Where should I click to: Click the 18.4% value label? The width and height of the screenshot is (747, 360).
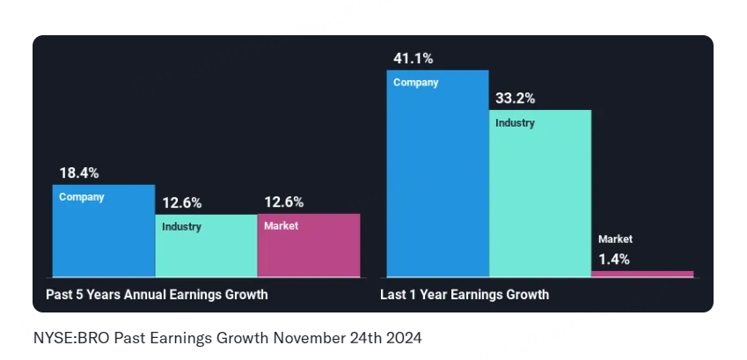(x=79, y=173)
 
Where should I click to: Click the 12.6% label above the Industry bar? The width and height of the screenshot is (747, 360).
(x=181, y=203)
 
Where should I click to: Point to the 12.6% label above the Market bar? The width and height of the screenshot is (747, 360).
(x=284, y=203)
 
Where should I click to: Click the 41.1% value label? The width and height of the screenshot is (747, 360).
(x=414, y=59)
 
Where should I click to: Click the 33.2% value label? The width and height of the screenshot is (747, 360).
(x=516, y=99)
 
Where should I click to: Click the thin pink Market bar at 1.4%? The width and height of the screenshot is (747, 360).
(x=642, y=274)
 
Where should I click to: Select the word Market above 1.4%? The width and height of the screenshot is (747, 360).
(x=615, y=239)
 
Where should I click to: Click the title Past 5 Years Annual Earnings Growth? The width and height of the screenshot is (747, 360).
(x=157, y=295)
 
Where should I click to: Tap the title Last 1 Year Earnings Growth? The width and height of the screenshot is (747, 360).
(x=465, y=295)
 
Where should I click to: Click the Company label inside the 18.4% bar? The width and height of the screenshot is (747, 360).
(x=81, y=197)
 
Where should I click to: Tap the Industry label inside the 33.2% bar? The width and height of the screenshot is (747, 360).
(x=515, y=123)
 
